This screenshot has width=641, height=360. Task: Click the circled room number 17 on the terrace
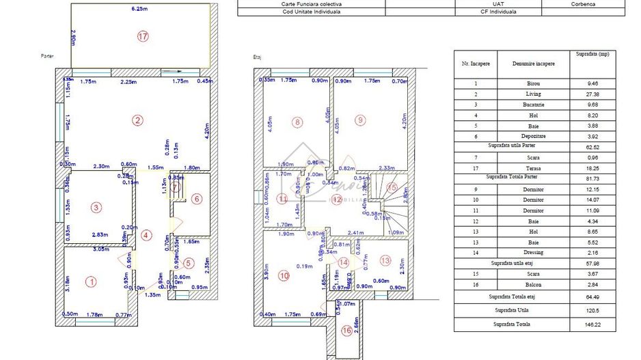pyautogui.click(x=142, y=37)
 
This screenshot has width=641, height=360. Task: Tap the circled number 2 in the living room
pyautogui.click(x=138, y=121)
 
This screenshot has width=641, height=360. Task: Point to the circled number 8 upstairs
pyautogui.click(x=297, y=123)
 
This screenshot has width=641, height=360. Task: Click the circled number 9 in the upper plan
pyautogui.click(x=361, y=121)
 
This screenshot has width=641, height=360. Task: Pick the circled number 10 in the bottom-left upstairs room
pyautogui.click(x=284, y=276)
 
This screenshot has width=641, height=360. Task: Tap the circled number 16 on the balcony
pyautogui.click(x=348, y=330)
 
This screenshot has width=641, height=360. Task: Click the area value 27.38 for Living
pyautogui.click(x=592, y=94)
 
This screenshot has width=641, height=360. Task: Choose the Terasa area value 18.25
pyautogui.click(x=592, y=167)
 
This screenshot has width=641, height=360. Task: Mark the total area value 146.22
pyautogui.click(x=592, y=325)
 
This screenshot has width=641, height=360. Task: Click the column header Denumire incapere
pyautogui.click(x=534, y=64)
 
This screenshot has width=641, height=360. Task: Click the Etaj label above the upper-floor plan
pyautogui.click(x=258, y=57)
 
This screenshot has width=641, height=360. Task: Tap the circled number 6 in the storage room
pyautogui.click(x=196, y=199)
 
